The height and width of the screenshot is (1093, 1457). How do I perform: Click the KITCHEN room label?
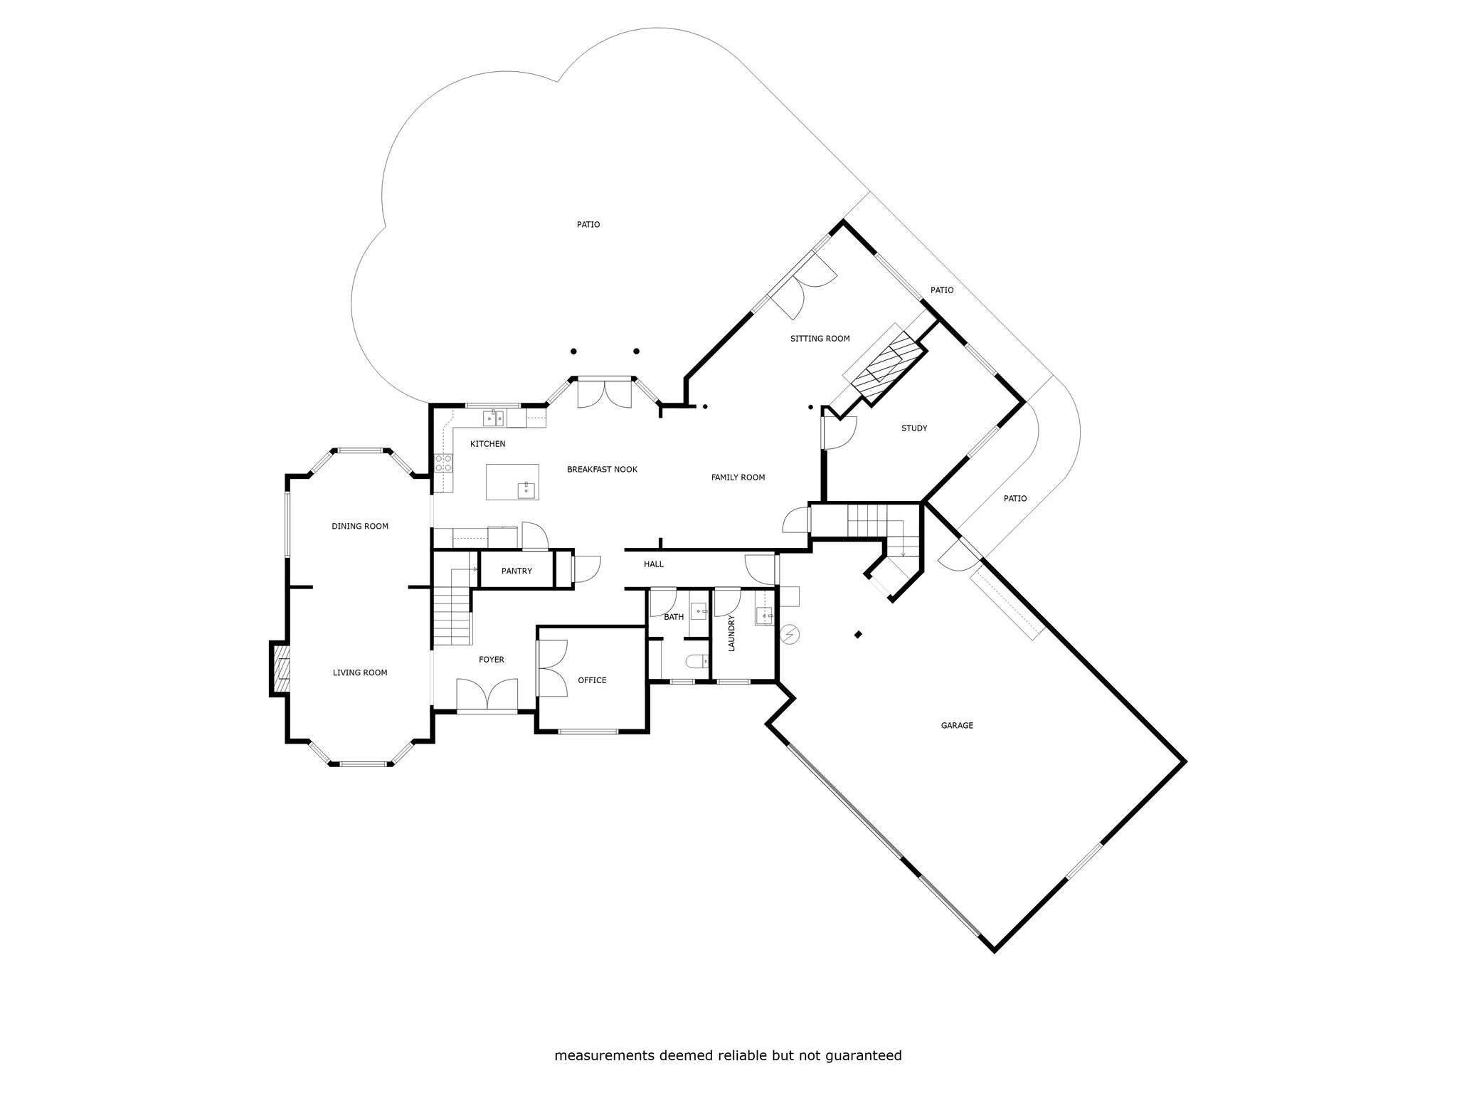487,444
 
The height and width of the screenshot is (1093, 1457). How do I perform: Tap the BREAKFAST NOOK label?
602,470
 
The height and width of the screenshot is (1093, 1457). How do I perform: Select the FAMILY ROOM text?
738,477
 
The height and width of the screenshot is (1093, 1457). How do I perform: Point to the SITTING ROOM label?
820,339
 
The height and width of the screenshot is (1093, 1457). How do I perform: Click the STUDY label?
914,428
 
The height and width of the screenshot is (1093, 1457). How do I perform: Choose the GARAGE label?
957,726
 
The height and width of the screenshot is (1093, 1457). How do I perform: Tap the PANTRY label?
516,571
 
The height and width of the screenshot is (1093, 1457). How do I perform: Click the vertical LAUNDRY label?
731,633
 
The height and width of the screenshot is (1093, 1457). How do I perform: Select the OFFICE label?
592,680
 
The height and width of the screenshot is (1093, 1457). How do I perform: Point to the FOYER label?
491,660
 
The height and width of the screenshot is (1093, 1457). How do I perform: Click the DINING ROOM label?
360,527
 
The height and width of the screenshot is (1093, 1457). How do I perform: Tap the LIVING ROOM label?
360,672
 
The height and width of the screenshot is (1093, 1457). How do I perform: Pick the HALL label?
653,564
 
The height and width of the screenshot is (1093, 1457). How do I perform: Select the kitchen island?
512,482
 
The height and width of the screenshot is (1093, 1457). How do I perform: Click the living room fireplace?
280,668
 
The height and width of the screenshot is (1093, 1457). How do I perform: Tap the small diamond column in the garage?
859,635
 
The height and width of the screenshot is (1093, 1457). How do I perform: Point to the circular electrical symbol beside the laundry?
790,633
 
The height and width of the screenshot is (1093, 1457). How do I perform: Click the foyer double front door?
487,695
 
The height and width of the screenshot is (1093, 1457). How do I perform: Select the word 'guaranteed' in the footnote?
864,1055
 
